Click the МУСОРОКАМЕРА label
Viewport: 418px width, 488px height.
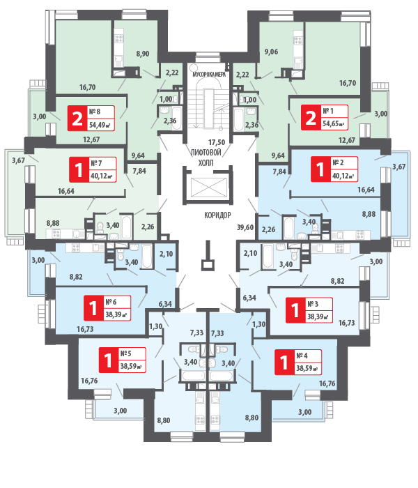208,73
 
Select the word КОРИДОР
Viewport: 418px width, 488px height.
218,215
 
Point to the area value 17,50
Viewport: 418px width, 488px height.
208,142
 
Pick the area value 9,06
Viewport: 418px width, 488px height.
272,51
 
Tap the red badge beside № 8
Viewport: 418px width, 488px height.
76,119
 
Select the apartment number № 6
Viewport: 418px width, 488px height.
110,302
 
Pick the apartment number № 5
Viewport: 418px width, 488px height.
126,353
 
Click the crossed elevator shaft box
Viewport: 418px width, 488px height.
208,186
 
